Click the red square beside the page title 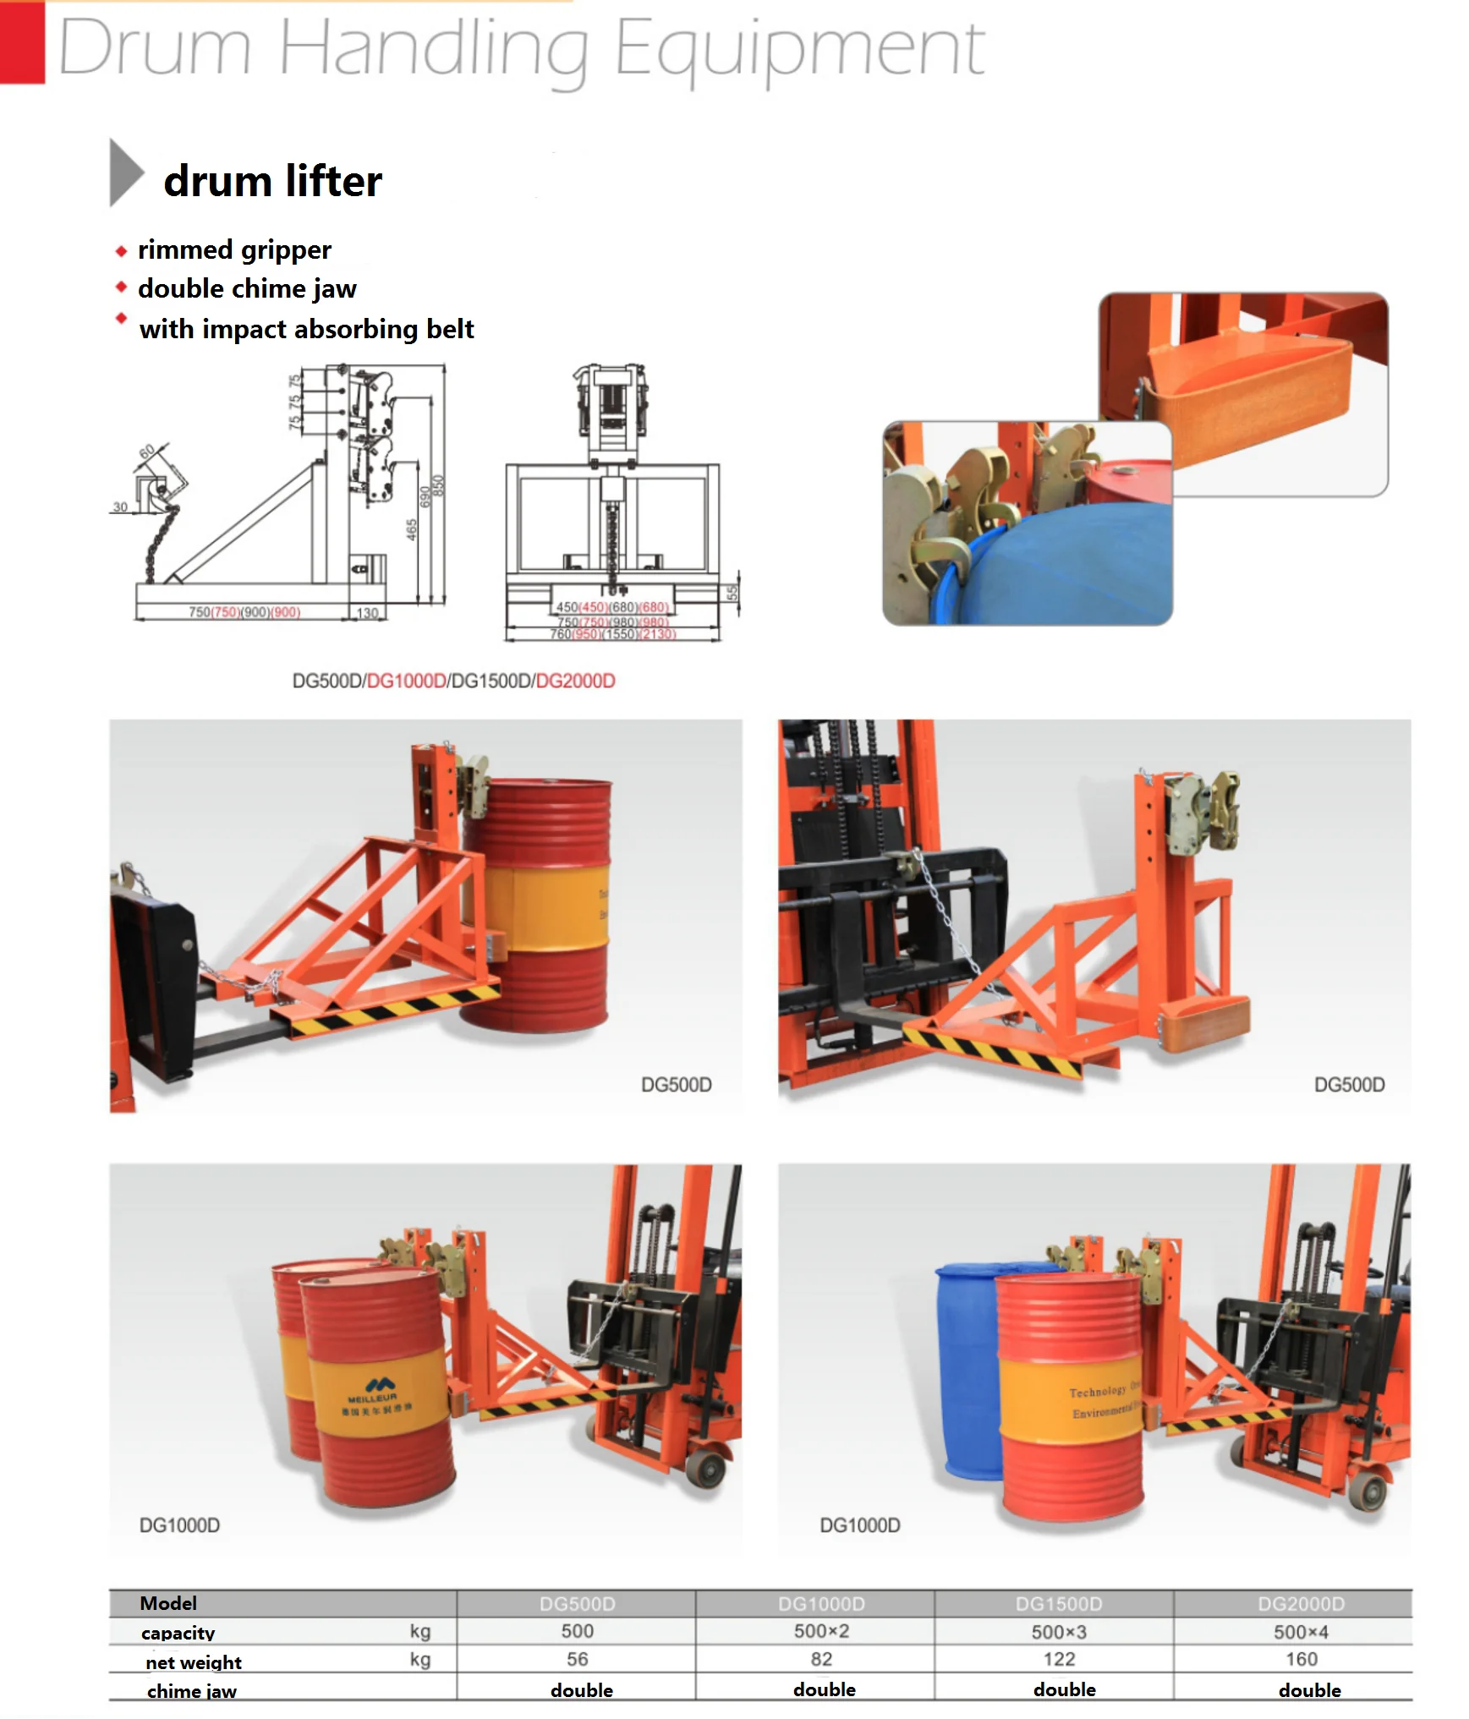coord(22,42)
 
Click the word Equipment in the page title coord(798,49)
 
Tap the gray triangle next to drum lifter coord(126,172)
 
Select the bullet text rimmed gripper coord(234,250)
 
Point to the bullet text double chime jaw coord(247,289)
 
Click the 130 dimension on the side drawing coord(367,613)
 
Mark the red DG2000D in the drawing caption coord(575,682)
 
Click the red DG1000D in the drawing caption coord(406,682)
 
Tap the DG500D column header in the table coord(577,1604)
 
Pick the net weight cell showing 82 coord(820,1659)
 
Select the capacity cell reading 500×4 coord(1301,1632)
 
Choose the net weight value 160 coord(1301,1659)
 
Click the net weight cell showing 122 coord(1059,1659)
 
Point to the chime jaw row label coord(191,1691)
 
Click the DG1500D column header coord(1059,1604)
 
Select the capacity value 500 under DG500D coord(577,1631)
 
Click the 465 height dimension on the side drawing coord(411,530)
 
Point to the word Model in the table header coord(167,1603)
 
